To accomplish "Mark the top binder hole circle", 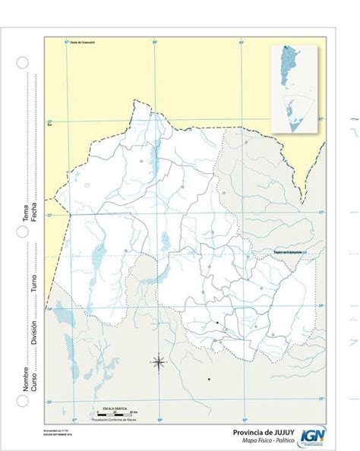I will (23, 62).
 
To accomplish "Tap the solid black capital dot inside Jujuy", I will (217, 323).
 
